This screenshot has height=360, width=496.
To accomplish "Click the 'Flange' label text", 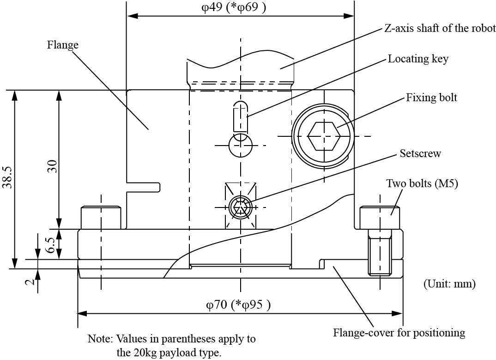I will (x=63, y=45).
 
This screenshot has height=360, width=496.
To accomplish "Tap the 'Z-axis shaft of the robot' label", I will (x=440, y=28).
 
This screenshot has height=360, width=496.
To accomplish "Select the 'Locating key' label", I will (x=418, y=59).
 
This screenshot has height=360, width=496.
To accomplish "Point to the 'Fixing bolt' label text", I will (x=431, y=98).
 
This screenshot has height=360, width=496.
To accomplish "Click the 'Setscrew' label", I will (x=420, y=153).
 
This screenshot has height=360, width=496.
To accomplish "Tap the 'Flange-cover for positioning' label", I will (x=399, y=332).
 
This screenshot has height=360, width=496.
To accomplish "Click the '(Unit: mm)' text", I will (x=449, y=283).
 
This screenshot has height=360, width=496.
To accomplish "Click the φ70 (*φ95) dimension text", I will (x=238, y=305).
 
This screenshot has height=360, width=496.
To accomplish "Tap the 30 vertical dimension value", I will (x=52, y=166).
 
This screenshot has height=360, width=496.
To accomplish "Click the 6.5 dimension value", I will (x=52, y=245).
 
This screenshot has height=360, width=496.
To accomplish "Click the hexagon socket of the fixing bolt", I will (x=324, y=136).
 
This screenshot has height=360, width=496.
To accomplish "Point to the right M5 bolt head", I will (x=380, y=217).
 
